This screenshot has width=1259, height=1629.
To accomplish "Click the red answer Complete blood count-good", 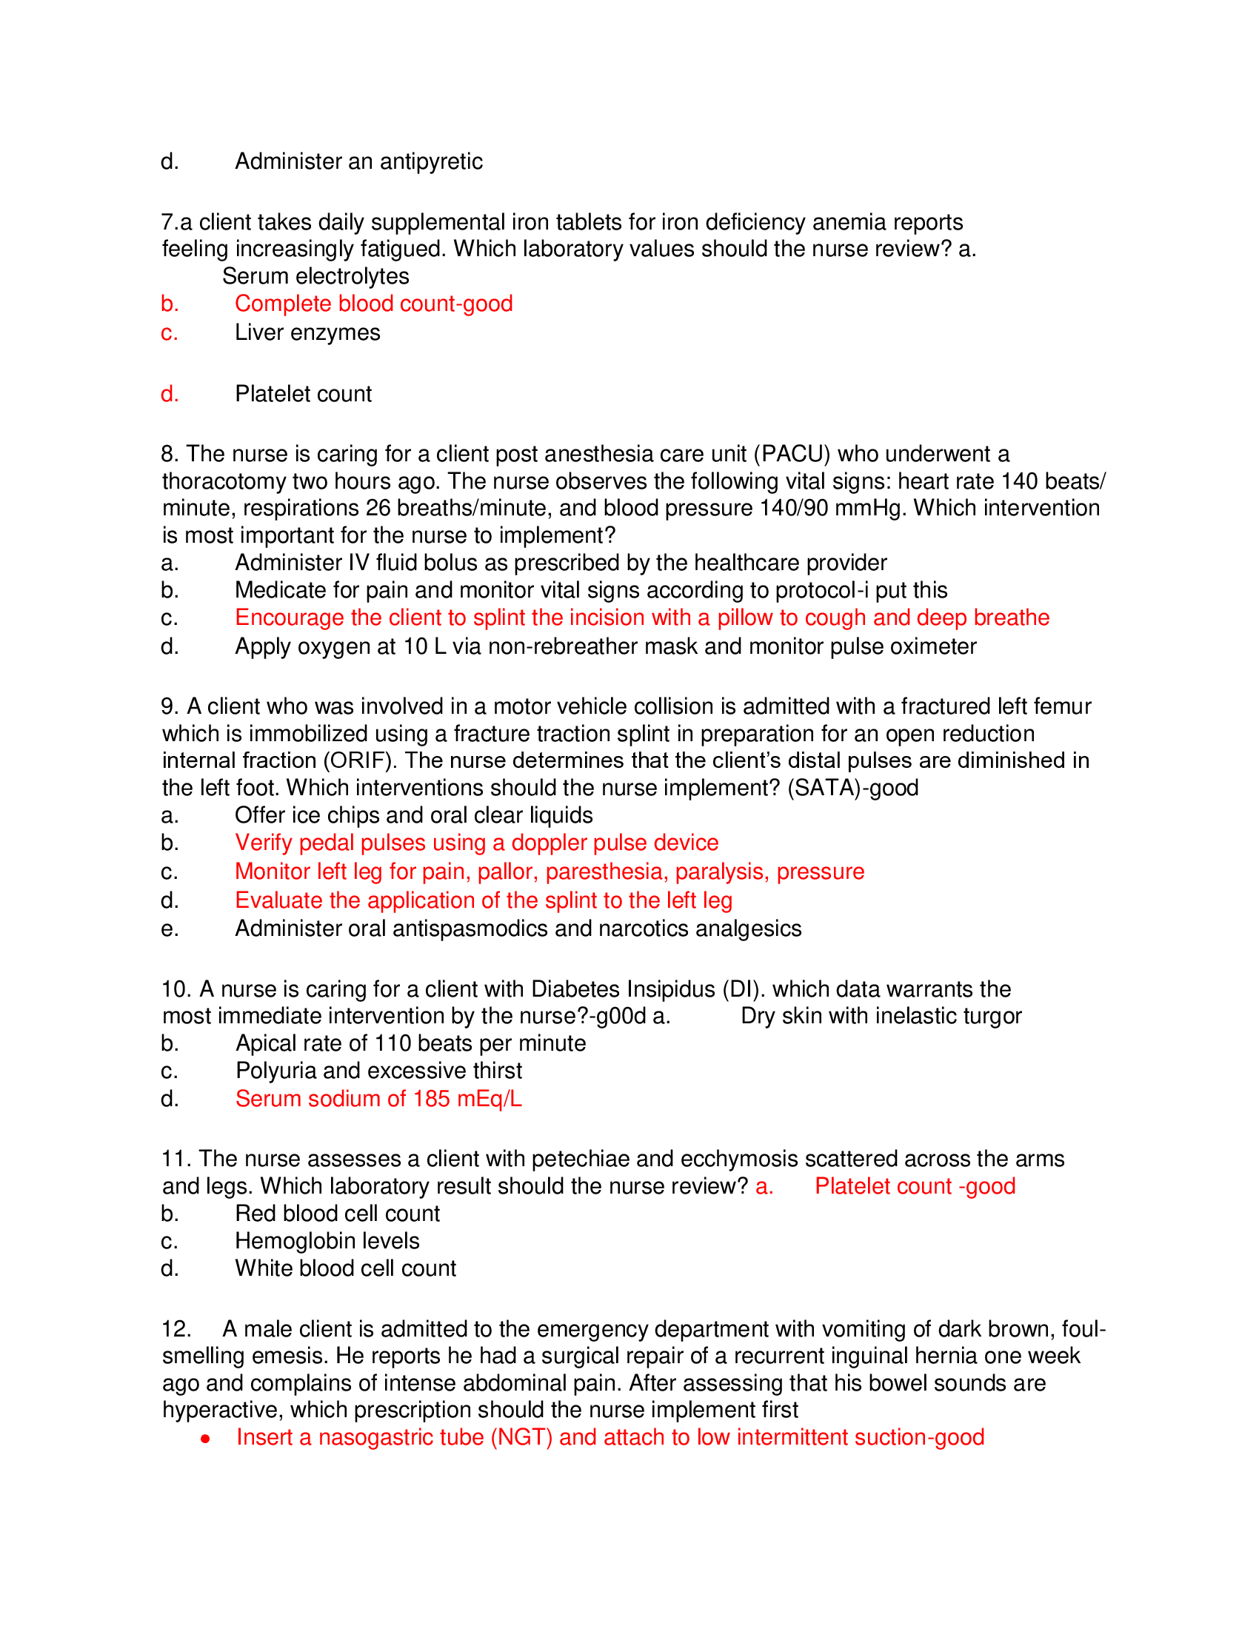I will [373, 304].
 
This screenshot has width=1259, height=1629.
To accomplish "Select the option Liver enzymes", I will [307, 332].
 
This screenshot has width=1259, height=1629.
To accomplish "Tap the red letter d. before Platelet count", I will [170, 394].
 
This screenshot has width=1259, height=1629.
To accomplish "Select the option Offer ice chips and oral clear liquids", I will [413, 815].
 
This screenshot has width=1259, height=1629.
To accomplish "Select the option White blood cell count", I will [345, 1268].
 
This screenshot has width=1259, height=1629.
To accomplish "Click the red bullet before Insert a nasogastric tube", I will [205, 1438].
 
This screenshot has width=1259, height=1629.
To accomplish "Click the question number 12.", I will [176, 1329].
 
